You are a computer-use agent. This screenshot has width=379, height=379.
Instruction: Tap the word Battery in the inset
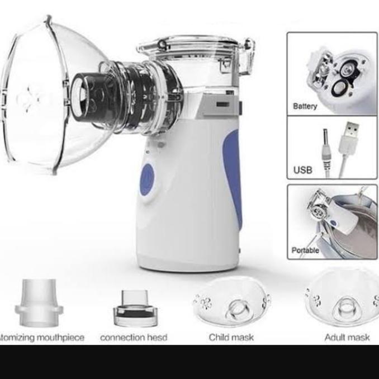click(x=305, y=106)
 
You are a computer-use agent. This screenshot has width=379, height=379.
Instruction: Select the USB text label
click(x=302, y=169)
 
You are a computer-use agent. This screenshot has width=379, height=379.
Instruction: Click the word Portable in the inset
click(x=305, y=250)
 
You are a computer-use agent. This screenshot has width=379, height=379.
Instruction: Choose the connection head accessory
click(x=135, y=311)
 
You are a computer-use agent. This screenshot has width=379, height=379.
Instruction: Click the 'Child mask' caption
click(x=231, y=337)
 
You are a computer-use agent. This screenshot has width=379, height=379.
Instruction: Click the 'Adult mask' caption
click(x=347, y=337)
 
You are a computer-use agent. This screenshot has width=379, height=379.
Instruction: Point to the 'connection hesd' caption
click(x=134, y=337)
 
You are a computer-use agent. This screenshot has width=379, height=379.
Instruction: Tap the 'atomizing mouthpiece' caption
click(x=41, y=337)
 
